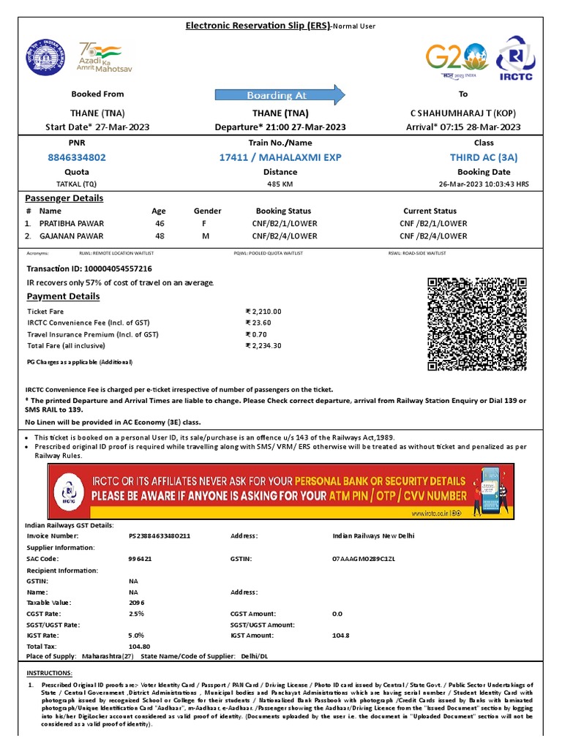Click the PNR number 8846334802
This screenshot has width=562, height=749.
coord(77,157)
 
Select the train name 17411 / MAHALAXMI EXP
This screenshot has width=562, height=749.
coord(280,157)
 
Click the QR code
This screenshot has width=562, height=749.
coord(477,325)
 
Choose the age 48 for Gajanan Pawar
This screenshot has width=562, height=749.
coord(160,236)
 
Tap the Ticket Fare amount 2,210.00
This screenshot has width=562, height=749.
coord(266,312)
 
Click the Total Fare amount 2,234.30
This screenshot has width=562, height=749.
coord(266,346)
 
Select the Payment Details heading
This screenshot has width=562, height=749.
coord(63,296)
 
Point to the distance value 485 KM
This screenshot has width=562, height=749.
coord(280,184)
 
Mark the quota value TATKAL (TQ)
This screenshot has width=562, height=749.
coord(77,184)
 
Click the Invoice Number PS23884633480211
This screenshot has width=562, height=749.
coord(159,536)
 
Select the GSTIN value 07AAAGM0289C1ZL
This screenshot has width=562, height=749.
coord(363,559)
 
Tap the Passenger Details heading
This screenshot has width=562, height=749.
coord(64,198)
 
